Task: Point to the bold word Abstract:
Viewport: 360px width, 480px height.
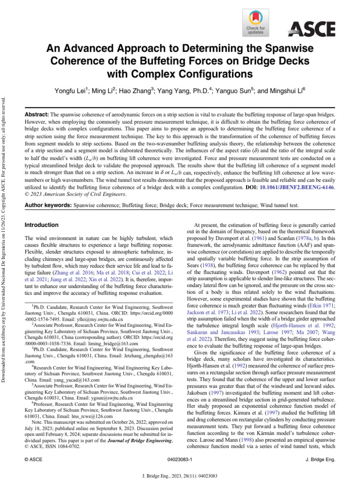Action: click(x=36, y=114)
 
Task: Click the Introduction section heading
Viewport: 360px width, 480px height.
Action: click(x=41, y=225)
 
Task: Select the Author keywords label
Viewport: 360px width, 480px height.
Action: click(x=48, y=206)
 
